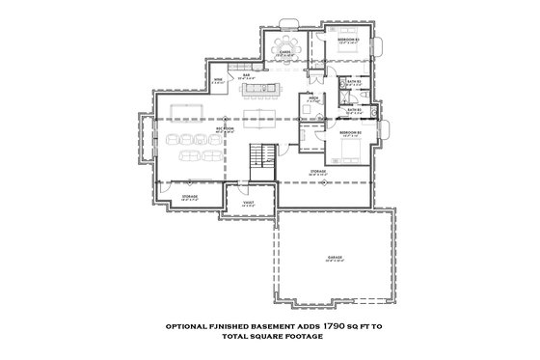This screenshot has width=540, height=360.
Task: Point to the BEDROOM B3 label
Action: pos(349,40)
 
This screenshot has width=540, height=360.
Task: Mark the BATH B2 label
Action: pos(353,110)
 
